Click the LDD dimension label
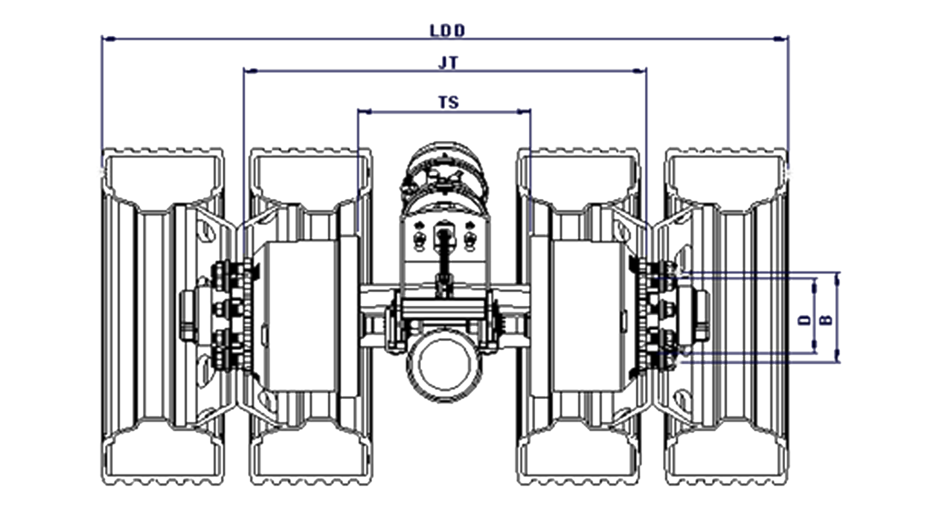(x=447, y=31)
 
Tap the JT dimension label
(x=448, y=63)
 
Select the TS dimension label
(x=448, y=102)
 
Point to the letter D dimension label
(x=805, y=320)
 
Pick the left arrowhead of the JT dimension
(x=251, y=71)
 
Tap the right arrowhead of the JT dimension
(x=639, y=71)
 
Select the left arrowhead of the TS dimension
(x=365, y=112)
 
